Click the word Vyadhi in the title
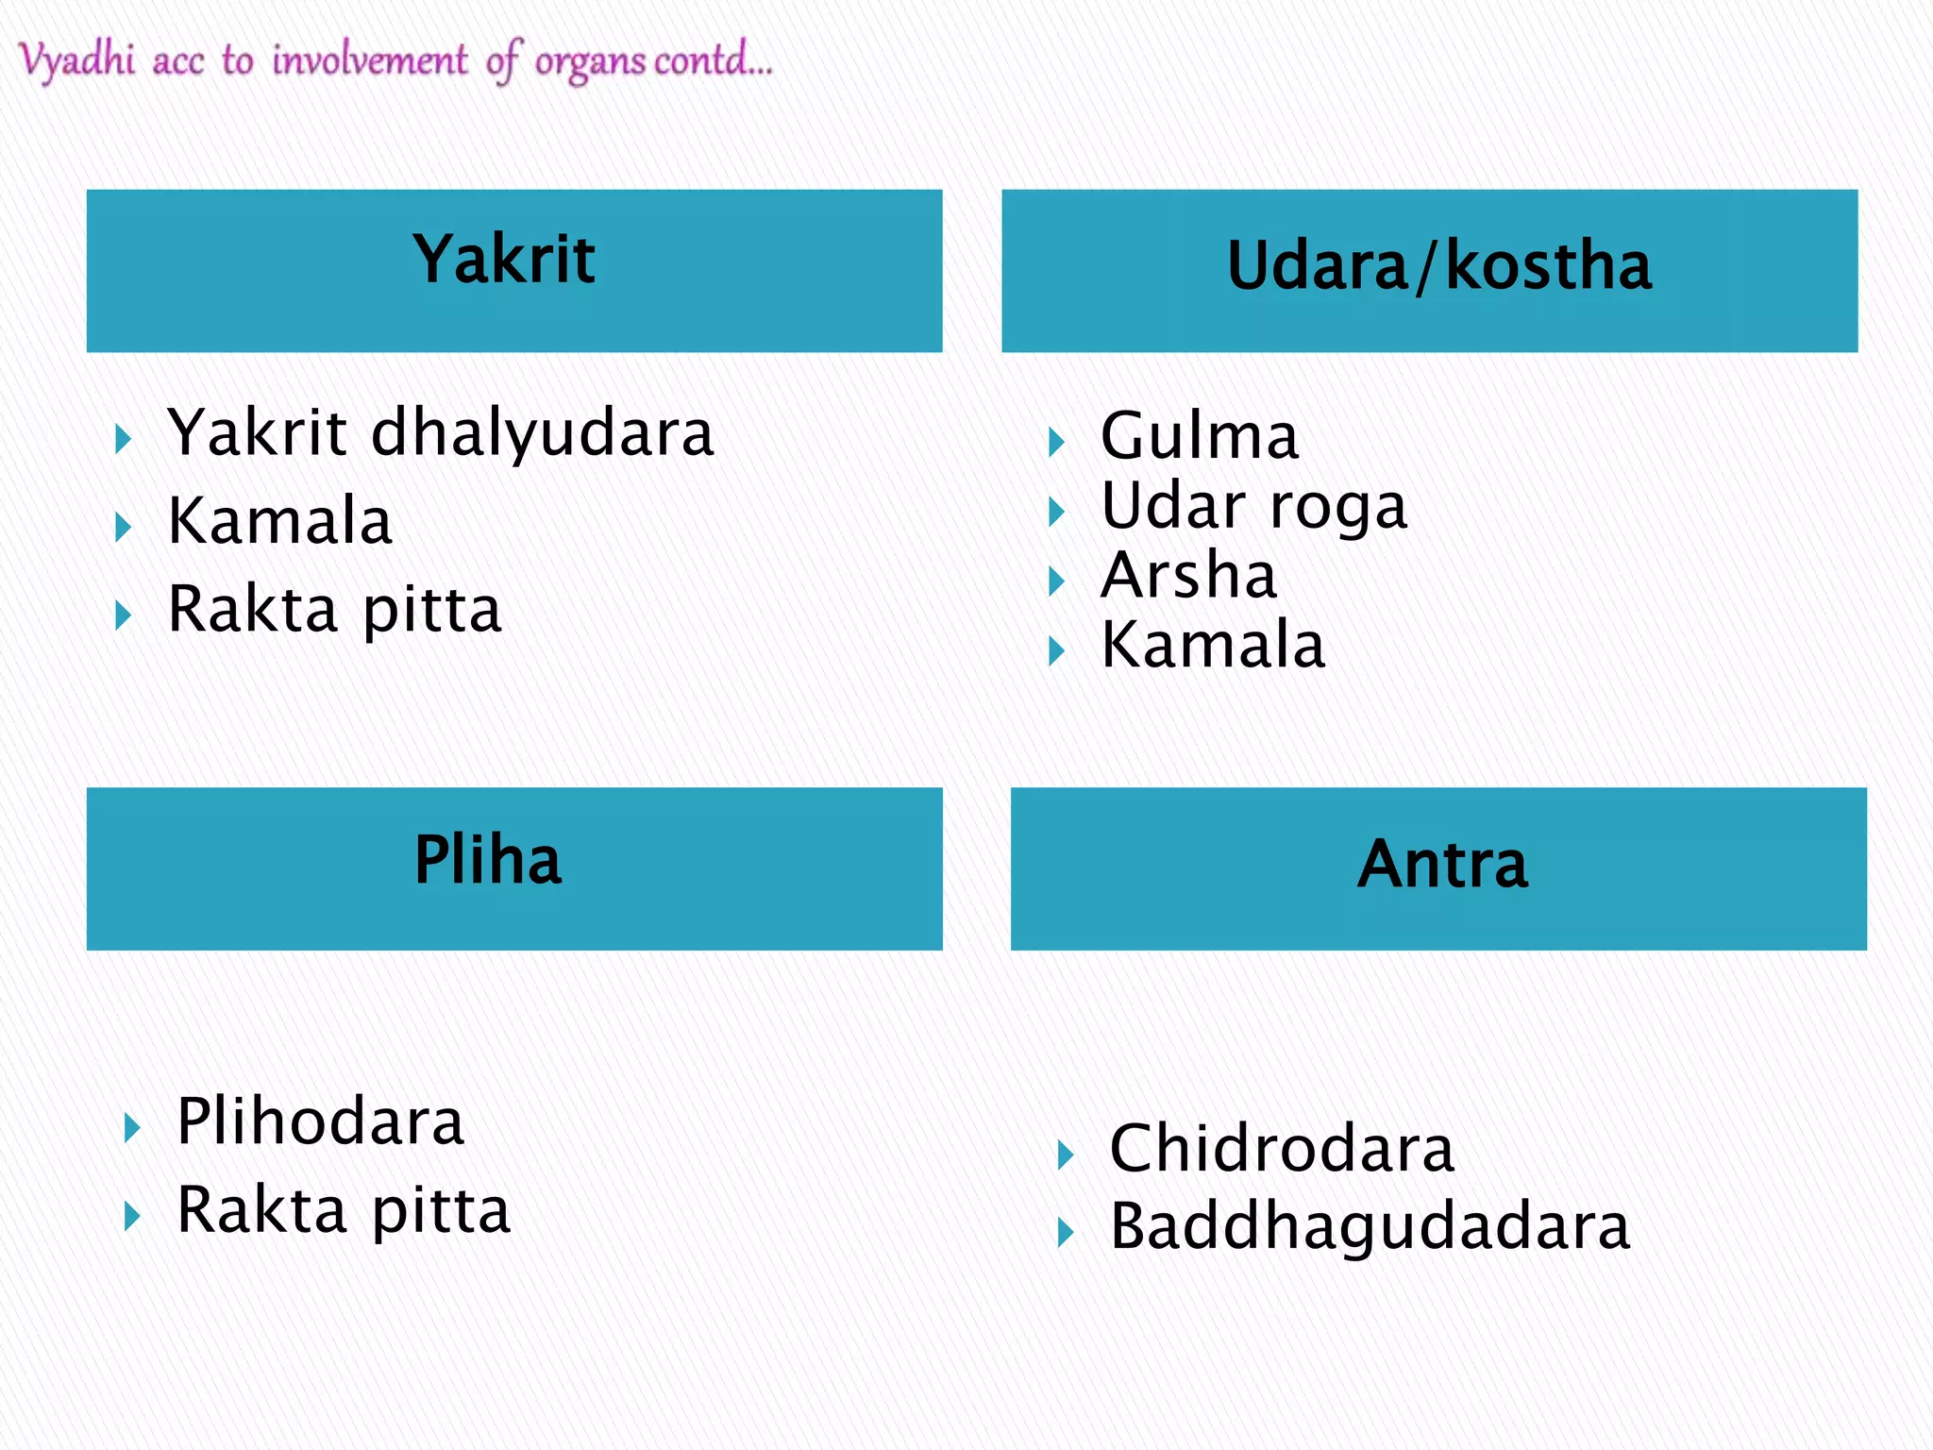[x=77, y=60]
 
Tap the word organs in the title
[x=590, y=62]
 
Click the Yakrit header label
[x=504, y=260]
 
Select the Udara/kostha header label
[x=1439, y=266]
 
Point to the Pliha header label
[x=488, y=860]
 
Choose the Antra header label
[x=1442, y=865]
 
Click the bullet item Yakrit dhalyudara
[x=441, y=433]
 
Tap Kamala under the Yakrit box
[x=279, y=521]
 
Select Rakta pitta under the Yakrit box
[x=334, y=610]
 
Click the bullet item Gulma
[x=1200, y=437]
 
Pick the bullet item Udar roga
[x=1254, y=507]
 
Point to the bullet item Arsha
[x=1189, y=576]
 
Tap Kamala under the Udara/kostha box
[x=1213, y=646]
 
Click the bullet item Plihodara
[x=321, y=1122]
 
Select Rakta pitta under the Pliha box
[x=344, y=1211]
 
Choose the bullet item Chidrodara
[x=1282, y=1150]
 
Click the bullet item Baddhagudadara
[x=1370, y=1227]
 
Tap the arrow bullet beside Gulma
[x=1057, y=442]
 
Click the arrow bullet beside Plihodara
[x=132, y=1127]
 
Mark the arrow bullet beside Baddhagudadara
[x=1066, y=1233]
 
